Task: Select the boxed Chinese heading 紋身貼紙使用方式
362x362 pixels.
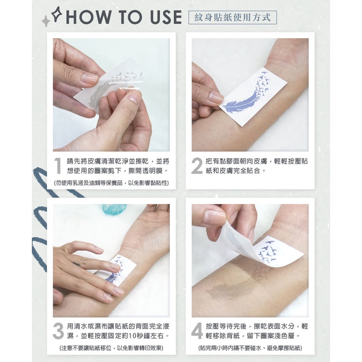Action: tap(233, 17)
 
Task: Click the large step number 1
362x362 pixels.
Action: tap(58, 166)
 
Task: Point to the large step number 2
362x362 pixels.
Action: tap(197, 166)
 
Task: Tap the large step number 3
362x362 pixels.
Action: tap(58, 331)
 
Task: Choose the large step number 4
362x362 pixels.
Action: tap(197, 331)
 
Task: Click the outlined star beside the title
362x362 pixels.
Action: tap(56, 14)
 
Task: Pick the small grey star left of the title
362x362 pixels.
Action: tap(46, 21)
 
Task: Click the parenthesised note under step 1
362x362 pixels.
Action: tap(111, 183)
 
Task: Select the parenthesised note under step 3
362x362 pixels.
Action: tap(111, 348)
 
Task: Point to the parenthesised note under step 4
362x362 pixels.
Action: tap(250, 348)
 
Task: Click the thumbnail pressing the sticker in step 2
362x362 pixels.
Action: tap(216, 98)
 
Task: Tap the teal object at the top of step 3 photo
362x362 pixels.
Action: tap(114, 209)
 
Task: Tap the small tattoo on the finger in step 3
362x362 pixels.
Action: tap(76, 264)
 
